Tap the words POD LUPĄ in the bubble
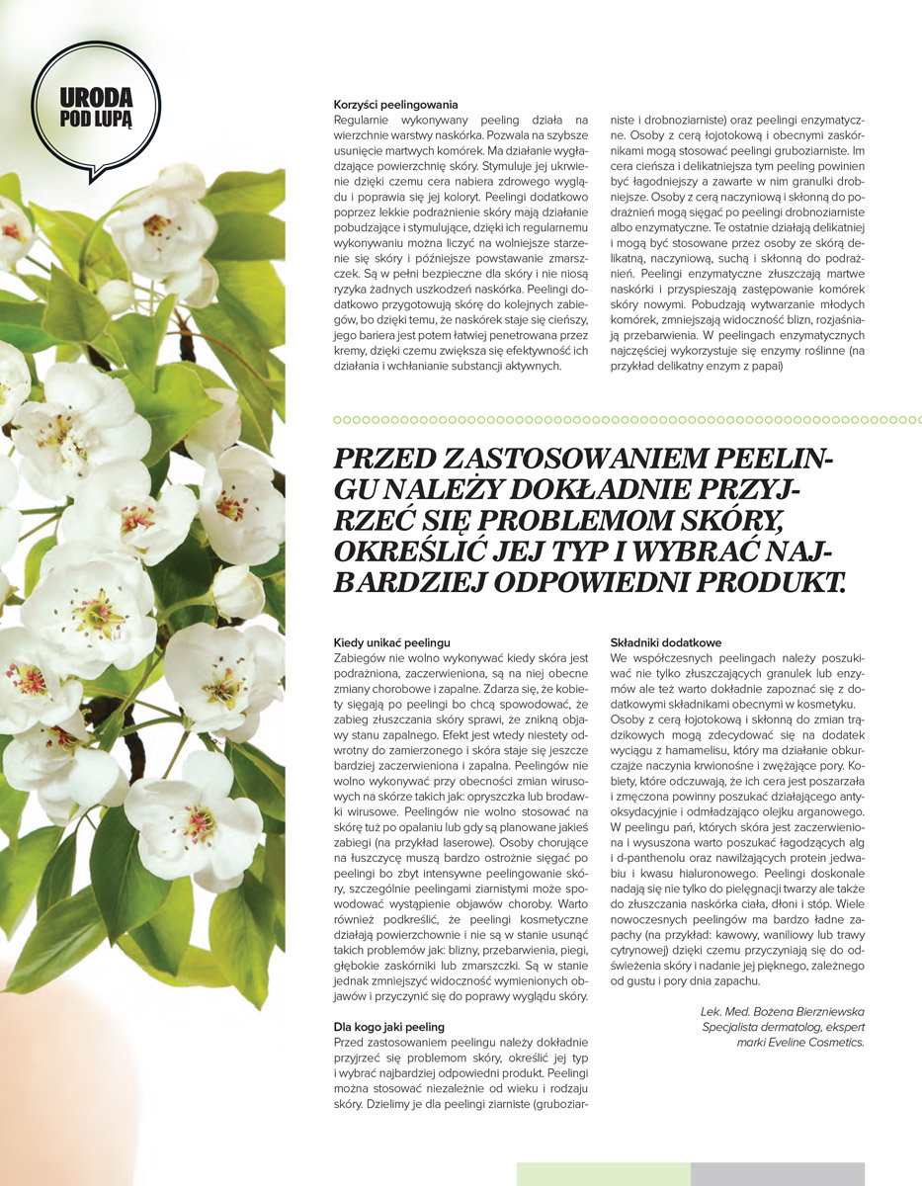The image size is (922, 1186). click(x=96, y=119)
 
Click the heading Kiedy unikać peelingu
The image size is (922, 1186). click(x=392, y=642)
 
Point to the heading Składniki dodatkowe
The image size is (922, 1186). click(x=665, y=642)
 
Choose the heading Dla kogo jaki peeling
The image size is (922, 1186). click(x=389, y=1027)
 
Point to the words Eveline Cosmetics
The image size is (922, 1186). click(x=815, y=1042)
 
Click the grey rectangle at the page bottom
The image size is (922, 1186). click(x=777, y=1174)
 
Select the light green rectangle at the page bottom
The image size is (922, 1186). click(x=603, y=1174)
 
